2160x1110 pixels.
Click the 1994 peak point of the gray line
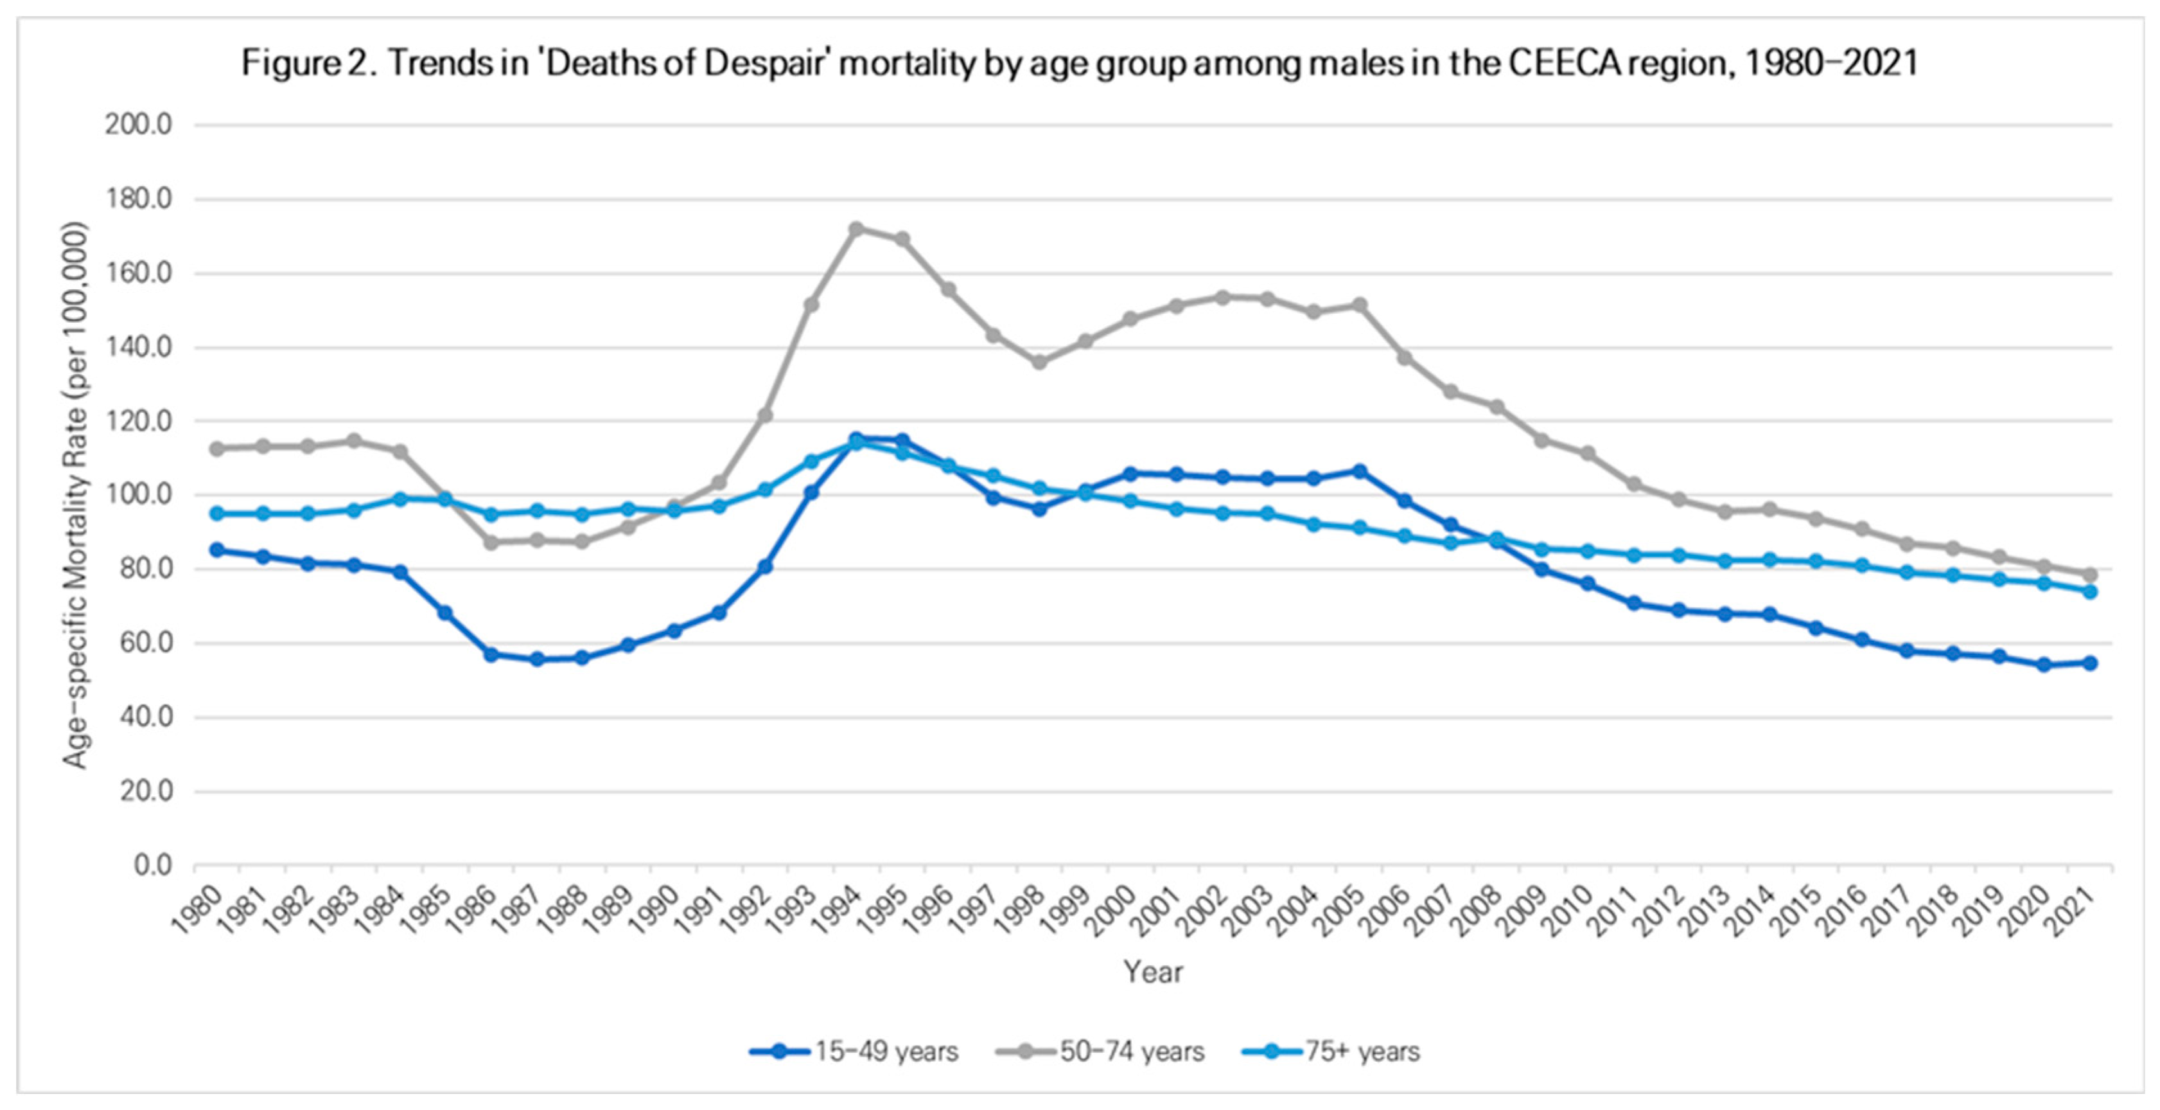pyautogui.click(x=856, y=228)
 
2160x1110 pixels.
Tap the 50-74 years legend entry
pyautogui.click(x=1101, y=1052)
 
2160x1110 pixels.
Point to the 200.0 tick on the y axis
pyautogui.click(x=138, y=125)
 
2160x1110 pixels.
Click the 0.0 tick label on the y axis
pyautogui.click(x=153, y=865)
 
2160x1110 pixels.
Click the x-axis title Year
pyautogui.click(x=1153, y=972)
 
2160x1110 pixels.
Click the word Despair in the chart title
pyautogui.click(x=761, y=63)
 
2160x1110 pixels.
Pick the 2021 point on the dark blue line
pyautogui.click(x=2089, y=663)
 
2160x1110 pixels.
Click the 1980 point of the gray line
pyautogui.click(x=217, y=449)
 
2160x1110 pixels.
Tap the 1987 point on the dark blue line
pyautogui.click(x=538, y=659)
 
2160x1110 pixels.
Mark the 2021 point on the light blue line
pyautogui.click(x=2089, y=591)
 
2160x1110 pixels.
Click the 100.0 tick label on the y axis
pyautogui.click(x=138, y=495)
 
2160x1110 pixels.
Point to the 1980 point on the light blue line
pyautogui.click(x=217, y=514)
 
